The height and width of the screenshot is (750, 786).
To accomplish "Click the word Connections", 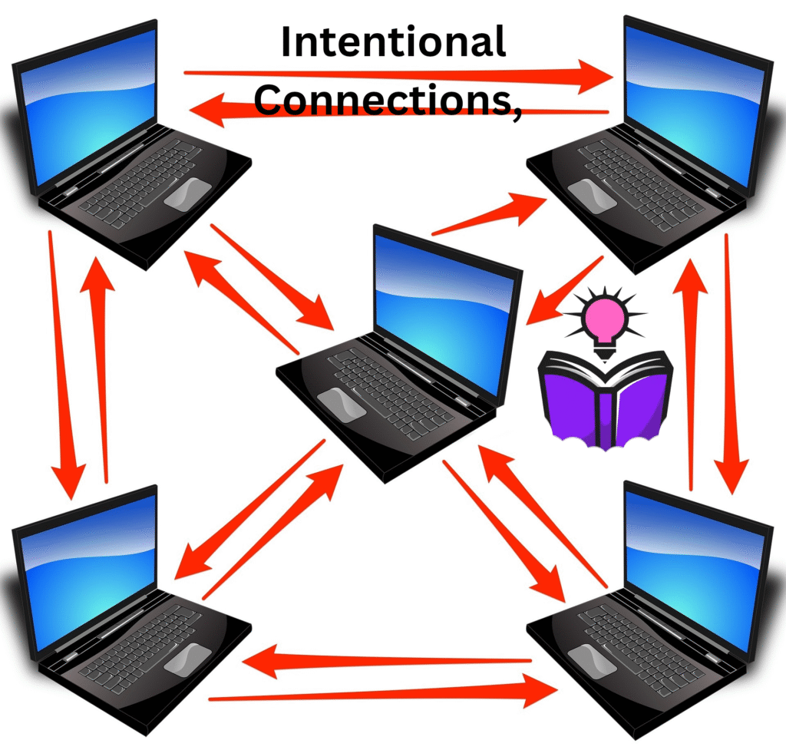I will tap(380, 101).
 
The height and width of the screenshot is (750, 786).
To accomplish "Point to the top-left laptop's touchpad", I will tap(187, 193).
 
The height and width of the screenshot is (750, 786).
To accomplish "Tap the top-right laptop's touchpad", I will tap(592, 194).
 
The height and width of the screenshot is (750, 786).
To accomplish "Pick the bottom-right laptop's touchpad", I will tap(592, 659).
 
